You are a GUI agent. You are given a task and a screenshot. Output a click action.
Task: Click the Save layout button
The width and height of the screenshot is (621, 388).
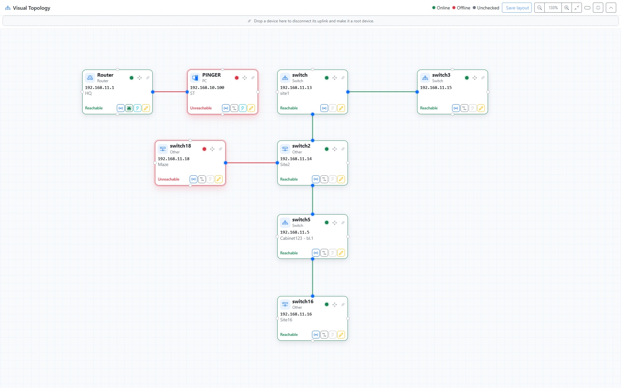[517, 8]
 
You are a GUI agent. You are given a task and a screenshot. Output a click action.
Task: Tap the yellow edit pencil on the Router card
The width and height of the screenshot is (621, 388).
[146, 108]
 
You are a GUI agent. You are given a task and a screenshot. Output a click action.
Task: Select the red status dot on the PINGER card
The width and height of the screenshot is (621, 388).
[237, 78]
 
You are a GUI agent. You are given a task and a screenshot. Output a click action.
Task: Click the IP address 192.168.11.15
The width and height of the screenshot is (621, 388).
[436, 88]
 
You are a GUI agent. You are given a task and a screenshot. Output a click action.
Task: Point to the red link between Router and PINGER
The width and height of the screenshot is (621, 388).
[170, 92]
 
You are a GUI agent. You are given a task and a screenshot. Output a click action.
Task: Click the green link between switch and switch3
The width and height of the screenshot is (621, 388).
[383, 92]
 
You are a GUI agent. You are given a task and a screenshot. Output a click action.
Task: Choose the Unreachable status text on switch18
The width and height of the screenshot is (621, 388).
[169, 179]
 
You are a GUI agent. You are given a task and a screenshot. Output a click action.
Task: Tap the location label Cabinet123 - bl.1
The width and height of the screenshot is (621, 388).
[296, 238]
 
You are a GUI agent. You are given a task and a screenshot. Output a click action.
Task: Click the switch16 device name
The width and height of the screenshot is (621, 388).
[303, 302]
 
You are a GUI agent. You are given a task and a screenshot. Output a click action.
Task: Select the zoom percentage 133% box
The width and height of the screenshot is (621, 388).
[553, 8]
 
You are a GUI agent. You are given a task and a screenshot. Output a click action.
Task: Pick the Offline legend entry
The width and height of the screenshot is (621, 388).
[461, 8]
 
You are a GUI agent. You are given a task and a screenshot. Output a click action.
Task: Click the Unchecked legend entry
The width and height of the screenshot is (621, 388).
[486, 8]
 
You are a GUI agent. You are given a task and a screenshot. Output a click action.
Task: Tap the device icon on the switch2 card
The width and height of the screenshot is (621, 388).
[285, 149]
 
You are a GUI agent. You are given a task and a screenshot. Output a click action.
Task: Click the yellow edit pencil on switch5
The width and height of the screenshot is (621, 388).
[341, 253]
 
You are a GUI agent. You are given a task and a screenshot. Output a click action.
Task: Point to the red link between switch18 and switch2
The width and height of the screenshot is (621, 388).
[251, 163]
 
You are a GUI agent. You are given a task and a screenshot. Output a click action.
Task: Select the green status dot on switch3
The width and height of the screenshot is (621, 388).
[467, 78]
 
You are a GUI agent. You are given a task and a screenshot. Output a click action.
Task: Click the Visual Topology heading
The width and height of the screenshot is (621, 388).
[31, 8]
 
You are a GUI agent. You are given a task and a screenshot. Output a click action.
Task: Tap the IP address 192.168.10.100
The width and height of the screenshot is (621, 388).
[207, 88]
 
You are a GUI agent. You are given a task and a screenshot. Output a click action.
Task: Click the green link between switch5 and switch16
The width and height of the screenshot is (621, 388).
[313, 277]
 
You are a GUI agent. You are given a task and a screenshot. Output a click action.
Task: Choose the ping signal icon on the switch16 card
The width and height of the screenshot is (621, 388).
[316, 335]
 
